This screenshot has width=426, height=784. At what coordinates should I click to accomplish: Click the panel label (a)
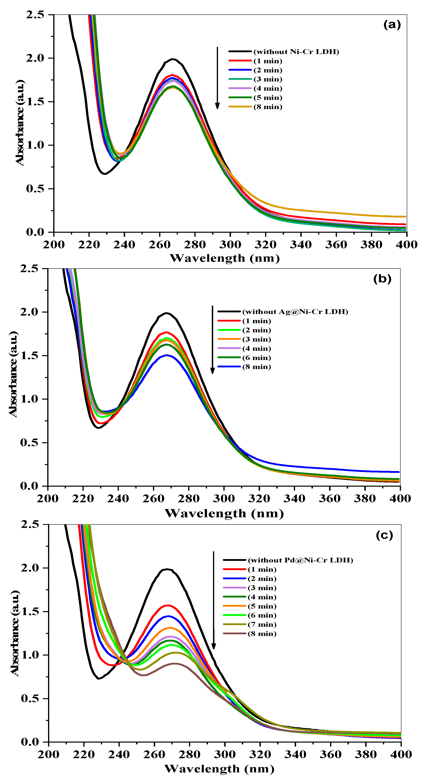(392, 24)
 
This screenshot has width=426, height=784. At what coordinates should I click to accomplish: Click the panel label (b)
(382, 279)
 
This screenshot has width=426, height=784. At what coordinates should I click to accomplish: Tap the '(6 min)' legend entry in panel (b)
(256, 358)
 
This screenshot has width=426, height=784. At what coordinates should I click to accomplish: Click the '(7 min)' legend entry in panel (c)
(262, 624)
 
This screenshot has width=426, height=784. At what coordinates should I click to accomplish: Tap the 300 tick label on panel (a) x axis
(230, 244)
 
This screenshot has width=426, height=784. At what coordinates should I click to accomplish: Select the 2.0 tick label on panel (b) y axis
(29, 312)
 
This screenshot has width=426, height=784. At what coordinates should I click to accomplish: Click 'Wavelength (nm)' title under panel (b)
(224, 513)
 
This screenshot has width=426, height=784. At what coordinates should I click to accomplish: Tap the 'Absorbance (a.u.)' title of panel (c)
(15, 633)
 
